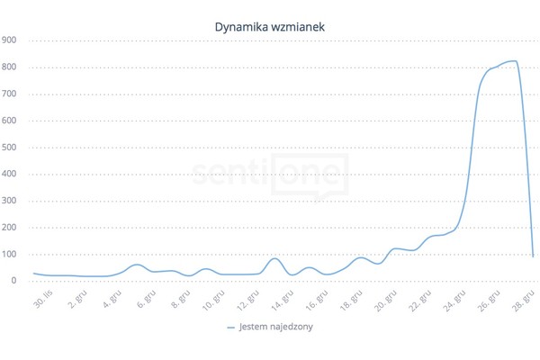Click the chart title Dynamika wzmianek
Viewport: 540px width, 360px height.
(x=270, y=27)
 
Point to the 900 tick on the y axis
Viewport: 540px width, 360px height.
(x=9, y=40)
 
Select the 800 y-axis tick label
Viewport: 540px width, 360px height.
(x=9, y=67)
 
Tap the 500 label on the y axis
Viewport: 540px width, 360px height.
(x=9, y=148)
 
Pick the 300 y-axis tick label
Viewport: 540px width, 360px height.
(x=9, y=201)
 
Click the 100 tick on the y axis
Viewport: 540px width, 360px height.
(x=9, y=254)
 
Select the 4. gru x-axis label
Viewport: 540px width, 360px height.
(x=114, y=297)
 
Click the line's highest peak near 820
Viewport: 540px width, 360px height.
(x=511, y=61)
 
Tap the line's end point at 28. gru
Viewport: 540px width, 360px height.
(x=534, y=256)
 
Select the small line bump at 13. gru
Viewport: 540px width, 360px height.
(x=276, y=258)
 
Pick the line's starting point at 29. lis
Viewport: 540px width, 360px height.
(x=34, y=273)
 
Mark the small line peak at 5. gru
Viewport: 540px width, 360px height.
(x=137, y=265)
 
